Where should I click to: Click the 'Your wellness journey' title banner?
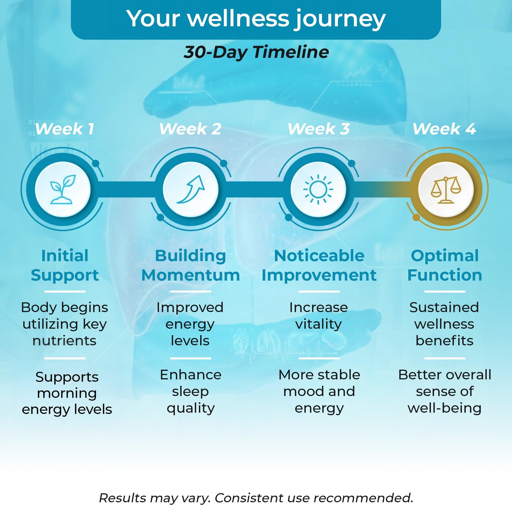(256, 19)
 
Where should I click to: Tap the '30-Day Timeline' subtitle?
(256, 52)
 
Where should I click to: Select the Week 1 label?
(64, 129)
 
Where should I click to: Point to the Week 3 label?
(319, 129)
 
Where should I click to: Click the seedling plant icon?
(63, 189)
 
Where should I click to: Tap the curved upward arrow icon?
(191, 189)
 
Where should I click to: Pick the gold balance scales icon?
(446, 190)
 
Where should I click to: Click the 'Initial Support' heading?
(64, 265)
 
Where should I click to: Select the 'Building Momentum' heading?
(191, 265)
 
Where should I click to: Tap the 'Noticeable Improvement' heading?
(319, 265)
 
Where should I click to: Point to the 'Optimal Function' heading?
(445, 265)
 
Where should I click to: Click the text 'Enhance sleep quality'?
(191, 392)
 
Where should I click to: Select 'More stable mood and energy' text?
(319, 392)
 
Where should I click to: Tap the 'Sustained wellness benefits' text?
(445, 324)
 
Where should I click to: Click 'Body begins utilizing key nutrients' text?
(64, 324)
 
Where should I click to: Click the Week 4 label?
(444, 129)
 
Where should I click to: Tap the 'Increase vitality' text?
(319, 316)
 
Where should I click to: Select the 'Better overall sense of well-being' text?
(445, 392)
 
